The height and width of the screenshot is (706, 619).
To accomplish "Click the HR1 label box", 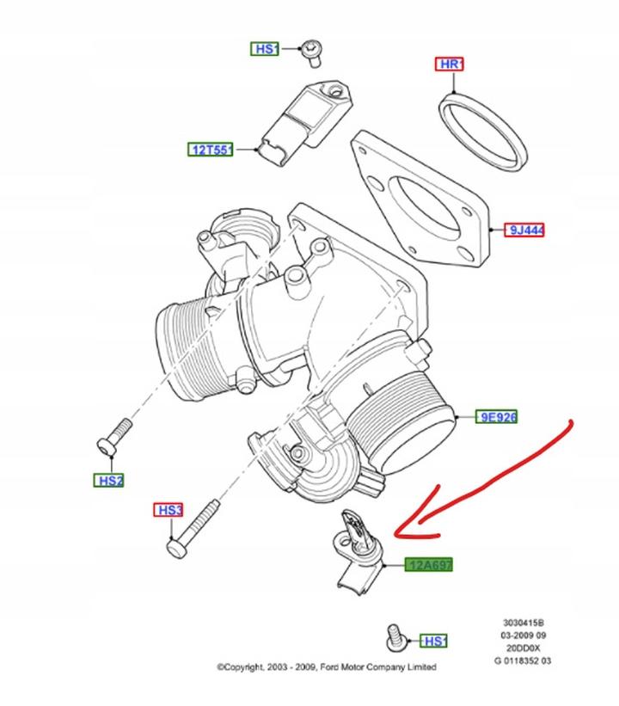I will point(451,64).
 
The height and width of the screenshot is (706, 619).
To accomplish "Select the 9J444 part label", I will point(524,230).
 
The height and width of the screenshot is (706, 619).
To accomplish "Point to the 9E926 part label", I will point(498,419).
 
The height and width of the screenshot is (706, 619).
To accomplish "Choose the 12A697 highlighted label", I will point(429,565).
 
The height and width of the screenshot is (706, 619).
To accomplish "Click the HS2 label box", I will point(110,481).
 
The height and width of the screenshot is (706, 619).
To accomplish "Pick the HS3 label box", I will point(169,511).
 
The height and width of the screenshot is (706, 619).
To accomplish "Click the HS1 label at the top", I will point(266,49).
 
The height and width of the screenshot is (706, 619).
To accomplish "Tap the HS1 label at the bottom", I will point(433,641).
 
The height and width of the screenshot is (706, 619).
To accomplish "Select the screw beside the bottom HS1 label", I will point(396,639).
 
